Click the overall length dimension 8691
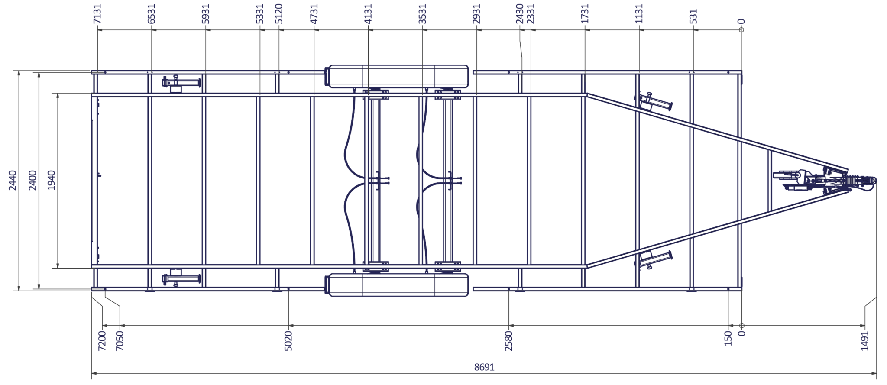(x=484, y=367)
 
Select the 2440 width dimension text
(x=13, y=180)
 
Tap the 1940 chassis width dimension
(x=52, y=180)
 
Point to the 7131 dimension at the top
(x=97, y=14)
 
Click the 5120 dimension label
(x=279, y=14)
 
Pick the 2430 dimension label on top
(x=520, y=14)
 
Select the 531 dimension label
(x=693, y=16)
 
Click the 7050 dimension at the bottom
(x=120, y=340)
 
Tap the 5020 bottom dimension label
(x=288, y=340)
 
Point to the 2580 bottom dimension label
(x=508, y=340)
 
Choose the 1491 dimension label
(x=864, y=340)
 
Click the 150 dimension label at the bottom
(x=728, y=338)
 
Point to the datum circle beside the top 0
(x=741, y=30)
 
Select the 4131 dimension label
(x=368, y=14)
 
